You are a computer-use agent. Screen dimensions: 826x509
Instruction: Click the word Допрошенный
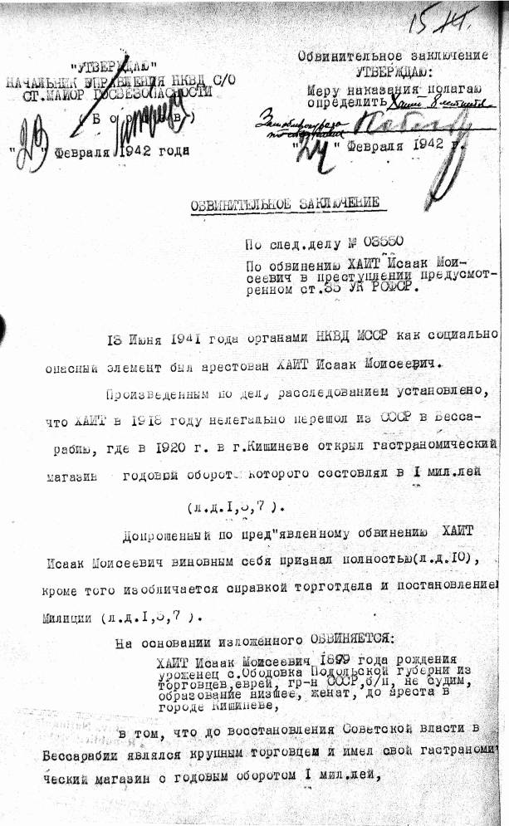click(163, 534)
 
